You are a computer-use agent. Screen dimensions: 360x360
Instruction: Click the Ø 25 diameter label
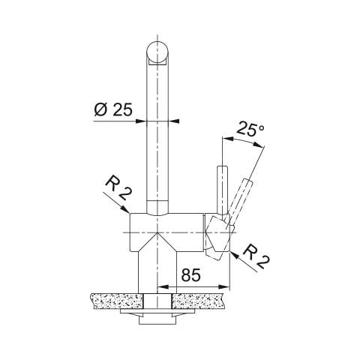(x=113, y=109)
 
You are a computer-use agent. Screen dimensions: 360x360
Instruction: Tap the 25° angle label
(x=250, y=129)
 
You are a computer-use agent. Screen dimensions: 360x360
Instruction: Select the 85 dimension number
(x=191, y=275)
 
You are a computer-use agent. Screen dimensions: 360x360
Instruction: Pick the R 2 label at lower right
(x=256, y=257)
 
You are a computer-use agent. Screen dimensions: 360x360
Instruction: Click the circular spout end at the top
(x=157, y=54)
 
